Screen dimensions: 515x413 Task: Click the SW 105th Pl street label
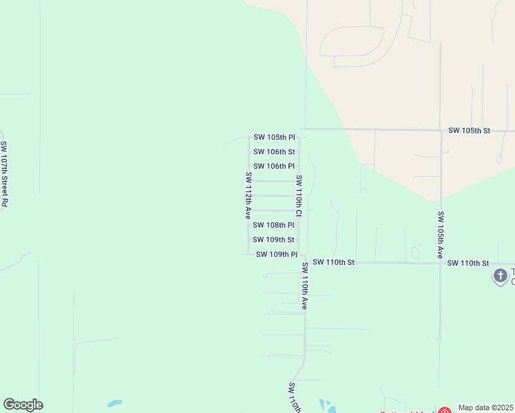[x=274, y=137]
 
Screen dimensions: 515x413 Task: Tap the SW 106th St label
[x=274, y=151]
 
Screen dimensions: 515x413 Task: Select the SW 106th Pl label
[x=274, y=166]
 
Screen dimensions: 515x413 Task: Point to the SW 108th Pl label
[x=274, y=224]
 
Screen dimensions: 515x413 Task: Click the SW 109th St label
[x=273, y=240]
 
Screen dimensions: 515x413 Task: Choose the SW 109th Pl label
[x=276, y=254]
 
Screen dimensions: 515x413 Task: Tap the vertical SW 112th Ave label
[x=248, y=195]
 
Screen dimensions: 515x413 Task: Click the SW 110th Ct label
[x=299, y=195]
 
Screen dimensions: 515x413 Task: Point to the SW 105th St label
[x=469, y=130]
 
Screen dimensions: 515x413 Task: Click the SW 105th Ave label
[x=441, y=235]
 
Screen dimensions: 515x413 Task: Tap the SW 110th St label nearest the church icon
[x=467, y=263]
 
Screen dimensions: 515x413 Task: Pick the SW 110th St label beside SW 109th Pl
[x=333, y=262]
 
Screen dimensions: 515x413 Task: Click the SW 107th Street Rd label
[x=4, y=174]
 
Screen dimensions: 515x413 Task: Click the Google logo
[x=23, y=405]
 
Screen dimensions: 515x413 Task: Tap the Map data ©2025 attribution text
[x=486, y=407]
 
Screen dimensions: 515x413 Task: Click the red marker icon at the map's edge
[x=445, y=410]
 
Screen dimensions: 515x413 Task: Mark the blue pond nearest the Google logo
[x=114, y=403]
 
